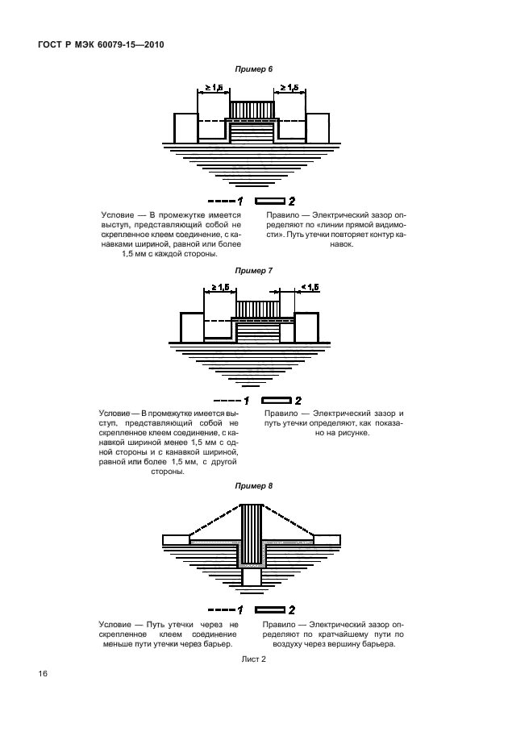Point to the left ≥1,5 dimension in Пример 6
tap(214, 87)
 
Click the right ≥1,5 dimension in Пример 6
tap(290, 87)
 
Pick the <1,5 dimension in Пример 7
tap(310, 287)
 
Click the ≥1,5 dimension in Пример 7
tap(220, 287)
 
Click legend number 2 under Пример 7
tap(298, 400)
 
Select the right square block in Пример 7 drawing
tap(308, 327)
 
